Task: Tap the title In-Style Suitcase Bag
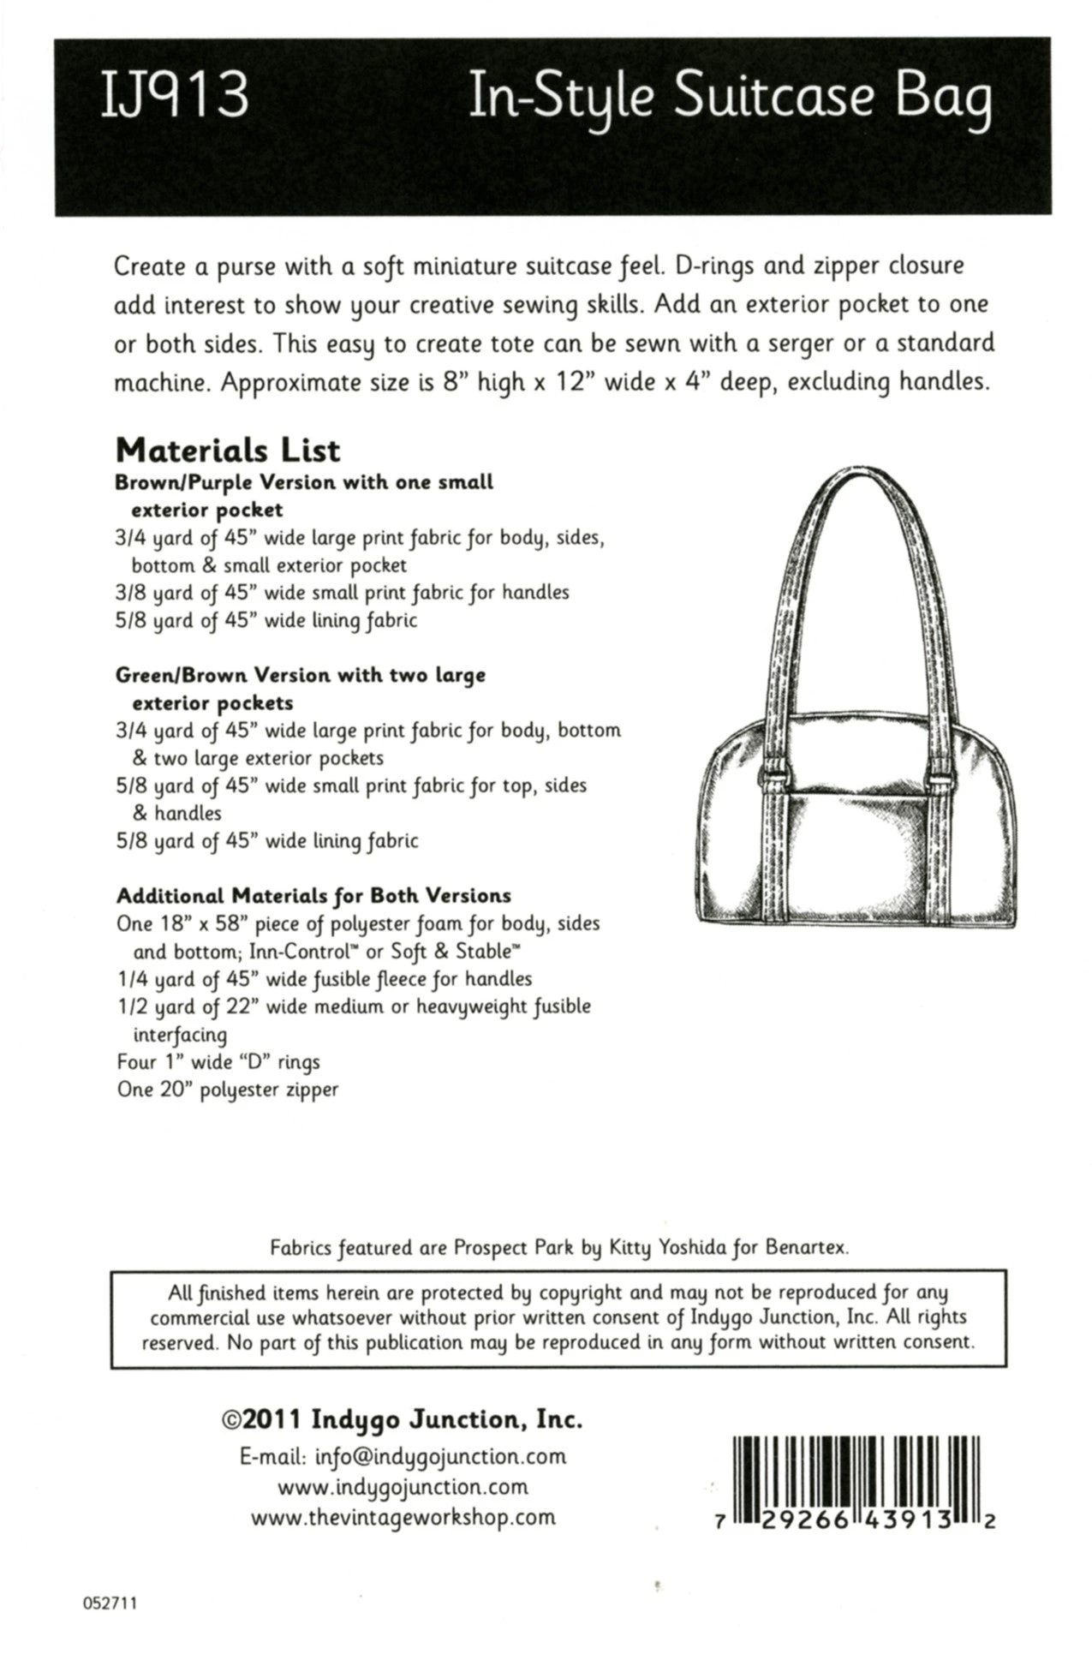730,101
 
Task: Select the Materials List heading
227,450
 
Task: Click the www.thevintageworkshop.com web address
403,1517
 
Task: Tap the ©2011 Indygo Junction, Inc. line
403,1419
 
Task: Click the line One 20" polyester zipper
227,1090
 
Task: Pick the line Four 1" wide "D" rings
218,1062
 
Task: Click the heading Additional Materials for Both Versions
313,896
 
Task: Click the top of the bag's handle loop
856,476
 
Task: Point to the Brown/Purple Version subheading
304,482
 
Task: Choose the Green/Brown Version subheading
300,675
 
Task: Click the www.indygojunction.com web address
403,1486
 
